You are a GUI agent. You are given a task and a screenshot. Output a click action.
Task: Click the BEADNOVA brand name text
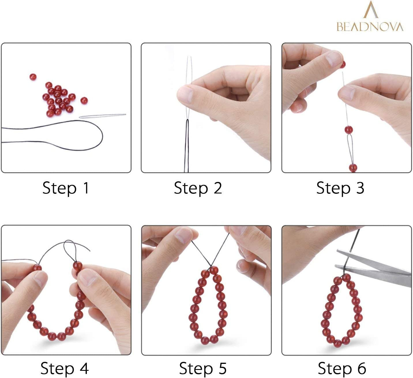click(370, 27)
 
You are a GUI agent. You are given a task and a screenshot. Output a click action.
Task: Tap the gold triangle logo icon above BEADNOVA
click(371, 10)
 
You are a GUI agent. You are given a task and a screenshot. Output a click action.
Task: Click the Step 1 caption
click(66, 188)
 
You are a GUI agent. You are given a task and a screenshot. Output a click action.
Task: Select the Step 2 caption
click(198, 188)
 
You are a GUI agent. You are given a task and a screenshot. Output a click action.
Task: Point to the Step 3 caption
click(340, 188)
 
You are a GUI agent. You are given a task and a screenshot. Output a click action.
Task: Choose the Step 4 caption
click(65, 368)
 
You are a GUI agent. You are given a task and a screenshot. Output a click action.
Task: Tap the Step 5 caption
click(203, 368)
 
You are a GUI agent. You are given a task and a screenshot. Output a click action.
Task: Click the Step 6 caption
click(342, 368)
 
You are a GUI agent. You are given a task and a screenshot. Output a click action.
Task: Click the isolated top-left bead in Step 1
click(33, 77)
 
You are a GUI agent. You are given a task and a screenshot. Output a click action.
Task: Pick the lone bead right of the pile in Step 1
click(84, 100)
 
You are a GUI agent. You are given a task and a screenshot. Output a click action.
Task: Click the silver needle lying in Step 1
click(103, 116)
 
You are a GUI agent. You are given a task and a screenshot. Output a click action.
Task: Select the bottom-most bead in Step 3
click(353, 168)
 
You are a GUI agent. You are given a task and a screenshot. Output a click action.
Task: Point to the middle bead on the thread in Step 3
click(349, 130)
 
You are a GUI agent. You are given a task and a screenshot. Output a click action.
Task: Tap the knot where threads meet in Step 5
click(210, 266)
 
